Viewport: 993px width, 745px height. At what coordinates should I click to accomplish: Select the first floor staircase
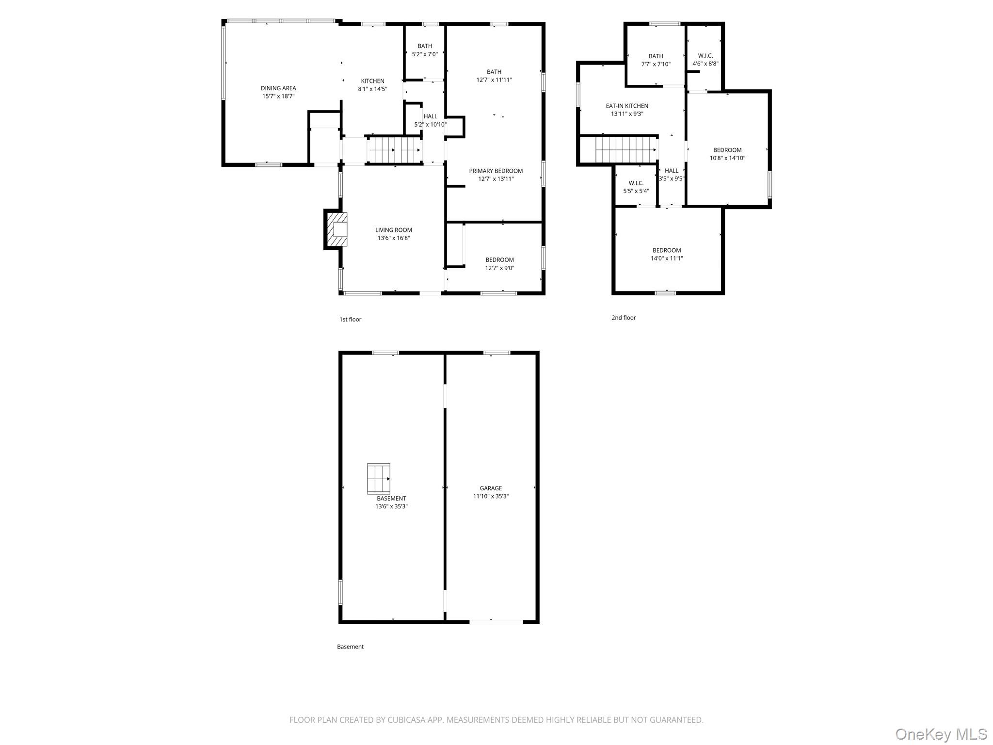[393, 150]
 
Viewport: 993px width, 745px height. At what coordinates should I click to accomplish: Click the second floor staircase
[625, 149]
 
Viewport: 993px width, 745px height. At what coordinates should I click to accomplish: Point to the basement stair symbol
[379, 479]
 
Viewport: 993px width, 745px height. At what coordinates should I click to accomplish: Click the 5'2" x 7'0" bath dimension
[425, 54]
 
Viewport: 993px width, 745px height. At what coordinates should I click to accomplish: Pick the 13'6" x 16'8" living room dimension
[394, 238]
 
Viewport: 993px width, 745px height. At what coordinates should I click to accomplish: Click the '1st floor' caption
[350, 319]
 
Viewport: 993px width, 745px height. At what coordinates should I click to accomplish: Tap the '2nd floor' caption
[624, 318]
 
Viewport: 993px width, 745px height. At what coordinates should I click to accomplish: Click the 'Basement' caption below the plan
[350, 647]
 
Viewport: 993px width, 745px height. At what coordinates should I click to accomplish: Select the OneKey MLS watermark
[941, 734]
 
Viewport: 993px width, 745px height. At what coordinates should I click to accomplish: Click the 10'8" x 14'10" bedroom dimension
[727, 158]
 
